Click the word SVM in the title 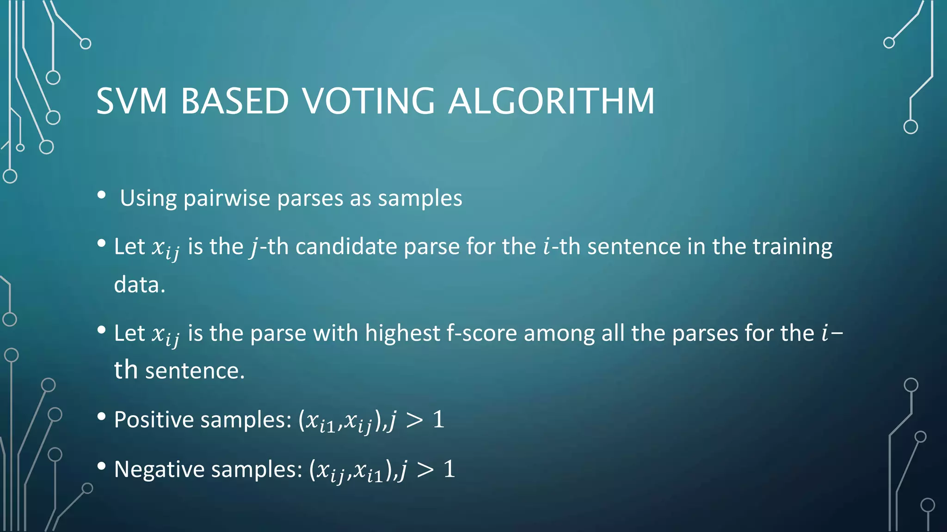pos(132,101)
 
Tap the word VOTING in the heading pos(369,101)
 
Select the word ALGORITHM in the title pos(552,101)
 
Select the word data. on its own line pos(140,284)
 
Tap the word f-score pos(481,333)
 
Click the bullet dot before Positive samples pos(102,417)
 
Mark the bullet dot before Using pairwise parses pos(102,195)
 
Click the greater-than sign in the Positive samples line pos(414,420)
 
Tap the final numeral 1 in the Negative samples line pos(449,469)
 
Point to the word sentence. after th pos(195,371)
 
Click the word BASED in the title pos(235,101)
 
